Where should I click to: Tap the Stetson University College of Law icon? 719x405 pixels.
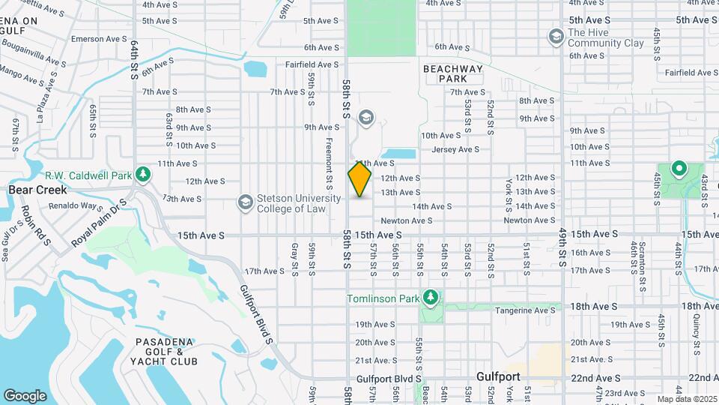click(x=245, y=202)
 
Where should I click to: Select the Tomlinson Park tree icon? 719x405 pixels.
click(x=430, y=298)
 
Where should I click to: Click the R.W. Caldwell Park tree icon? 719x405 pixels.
click(x=143, y=175)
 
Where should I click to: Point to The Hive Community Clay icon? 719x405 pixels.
click(x=556, y=36)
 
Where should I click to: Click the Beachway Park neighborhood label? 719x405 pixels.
click(x=453, y=73)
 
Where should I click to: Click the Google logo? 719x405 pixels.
click(x=25, y=395)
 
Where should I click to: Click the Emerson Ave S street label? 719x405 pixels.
click(x=99, y=38)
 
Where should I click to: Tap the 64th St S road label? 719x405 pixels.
click(x=135, y=61)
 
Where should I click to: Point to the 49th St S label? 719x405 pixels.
click(x=562, y=247)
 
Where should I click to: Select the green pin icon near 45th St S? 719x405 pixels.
click(x=679, y=169)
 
